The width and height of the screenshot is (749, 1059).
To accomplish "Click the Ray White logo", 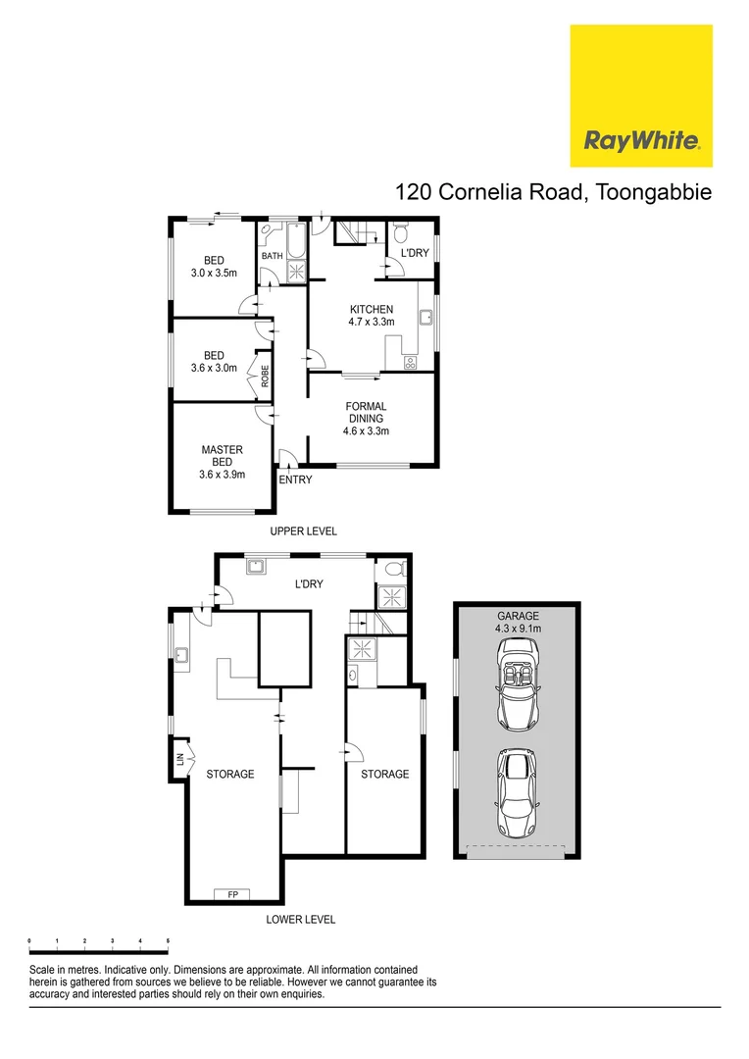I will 641,139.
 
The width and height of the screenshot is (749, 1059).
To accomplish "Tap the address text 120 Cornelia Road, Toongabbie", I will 553,192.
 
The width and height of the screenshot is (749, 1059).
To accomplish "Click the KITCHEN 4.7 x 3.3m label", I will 372,316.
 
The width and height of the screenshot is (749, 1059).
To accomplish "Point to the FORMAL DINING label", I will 366,419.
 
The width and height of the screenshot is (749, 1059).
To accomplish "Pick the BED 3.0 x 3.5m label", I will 214,267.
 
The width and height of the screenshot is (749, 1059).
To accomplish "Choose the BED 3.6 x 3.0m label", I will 214,362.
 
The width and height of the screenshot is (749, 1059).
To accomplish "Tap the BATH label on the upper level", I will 272,257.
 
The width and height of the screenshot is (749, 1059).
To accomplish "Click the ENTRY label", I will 295,479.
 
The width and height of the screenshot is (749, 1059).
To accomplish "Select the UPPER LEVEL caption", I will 304,530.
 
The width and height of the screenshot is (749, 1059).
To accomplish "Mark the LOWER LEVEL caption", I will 301,920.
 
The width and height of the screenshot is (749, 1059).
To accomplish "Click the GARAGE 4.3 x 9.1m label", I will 517,622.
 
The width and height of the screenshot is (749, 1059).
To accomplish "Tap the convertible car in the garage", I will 517,681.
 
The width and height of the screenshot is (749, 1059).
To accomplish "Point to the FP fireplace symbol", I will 232,894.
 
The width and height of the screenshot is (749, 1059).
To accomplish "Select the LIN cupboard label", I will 180,759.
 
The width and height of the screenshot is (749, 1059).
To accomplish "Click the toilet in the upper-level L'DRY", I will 400,235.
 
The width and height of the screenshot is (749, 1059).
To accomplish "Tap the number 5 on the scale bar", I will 168,941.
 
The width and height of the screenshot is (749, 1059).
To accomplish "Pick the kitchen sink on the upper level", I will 427,317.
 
